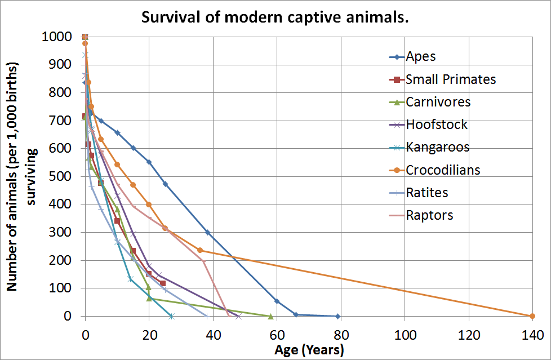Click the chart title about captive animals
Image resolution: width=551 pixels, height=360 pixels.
(x=275, y=17)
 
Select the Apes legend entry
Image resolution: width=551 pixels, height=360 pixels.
(x=421, y=56)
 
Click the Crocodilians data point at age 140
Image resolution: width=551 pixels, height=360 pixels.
(x=532, y=316)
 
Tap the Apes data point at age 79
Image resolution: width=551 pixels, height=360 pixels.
(x=337, y=316)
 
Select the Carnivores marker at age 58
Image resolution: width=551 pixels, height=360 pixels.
(x=270, y=316)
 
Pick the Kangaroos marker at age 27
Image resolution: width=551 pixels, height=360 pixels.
(x=171, y=316)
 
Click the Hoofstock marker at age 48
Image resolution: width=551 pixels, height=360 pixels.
(x=238, y=316)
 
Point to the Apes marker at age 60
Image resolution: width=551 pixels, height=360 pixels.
(x=277, y=301)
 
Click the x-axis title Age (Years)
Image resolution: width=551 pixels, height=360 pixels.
(x=309, y=350)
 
